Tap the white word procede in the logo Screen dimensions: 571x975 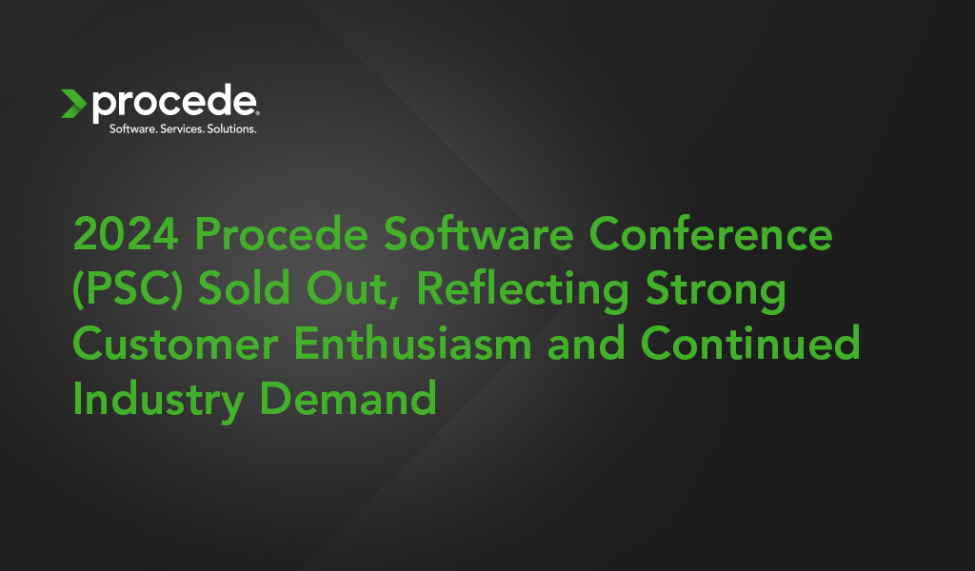(173, 103)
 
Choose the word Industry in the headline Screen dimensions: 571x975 (158, 399)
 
